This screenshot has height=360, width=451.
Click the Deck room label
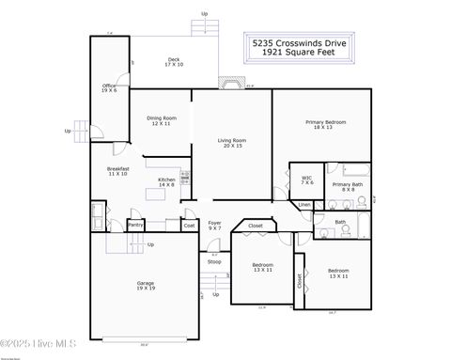click(x=174, y=61)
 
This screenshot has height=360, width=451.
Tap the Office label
click(x=109, y=88)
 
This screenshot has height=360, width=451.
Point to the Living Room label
click(x=231, y=143)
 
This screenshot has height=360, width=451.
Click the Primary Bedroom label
click(x=325, y=124)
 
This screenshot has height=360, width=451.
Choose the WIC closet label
click(x=307, y=180)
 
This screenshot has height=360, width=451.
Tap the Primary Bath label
click(x=348, y=186)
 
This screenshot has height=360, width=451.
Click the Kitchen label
click(x=166, y=182)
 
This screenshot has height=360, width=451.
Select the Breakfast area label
click(x=117, y=171)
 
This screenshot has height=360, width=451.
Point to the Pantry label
click(x=135, y=225)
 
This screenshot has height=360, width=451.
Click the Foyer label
click(x=215, y=226)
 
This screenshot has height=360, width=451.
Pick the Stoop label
click(x=215, y=261)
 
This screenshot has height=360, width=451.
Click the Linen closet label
click(x=304, y=204)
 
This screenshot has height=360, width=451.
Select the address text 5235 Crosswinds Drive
click(x=299, y=43)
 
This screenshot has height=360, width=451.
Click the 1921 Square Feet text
click(x=299, y=55)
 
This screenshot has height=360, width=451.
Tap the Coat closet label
click(x=189, y=225)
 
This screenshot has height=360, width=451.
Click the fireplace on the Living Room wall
click(x=228, y=83)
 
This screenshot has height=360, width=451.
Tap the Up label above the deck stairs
click(x=205, y=14)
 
